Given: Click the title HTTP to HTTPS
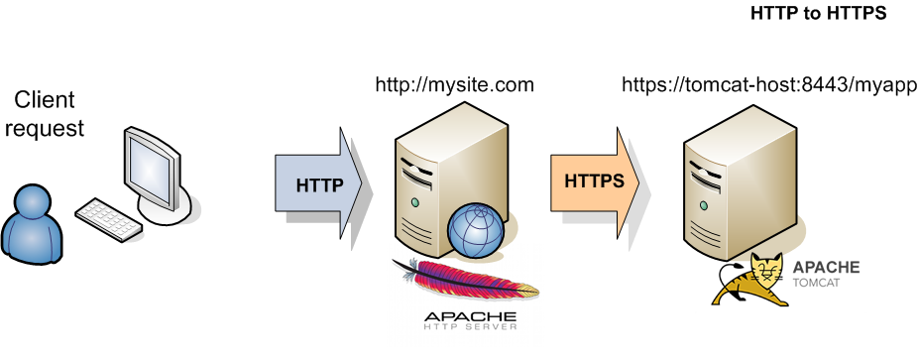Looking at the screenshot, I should (x=817, y=14).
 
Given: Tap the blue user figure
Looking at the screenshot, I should (x=35, y=224).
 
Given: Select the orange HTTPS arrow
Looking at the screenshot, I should (x=596, y=182).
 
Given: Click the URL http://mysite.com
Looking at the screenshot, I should (x=454, y=84).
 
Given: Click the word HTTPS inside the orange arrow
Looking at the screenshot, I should (x=594, y=181).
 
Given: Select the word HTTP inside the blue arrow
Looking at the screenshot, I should (x=319, y=184).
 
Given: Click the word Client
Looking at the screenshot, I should (x=45, y=100).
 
